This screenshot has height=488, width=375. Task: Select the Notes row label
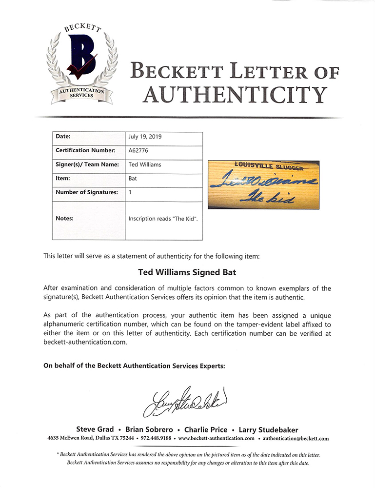point(64,218)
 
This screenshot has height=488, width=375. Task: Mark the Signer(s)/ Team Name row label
point(87,164)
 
